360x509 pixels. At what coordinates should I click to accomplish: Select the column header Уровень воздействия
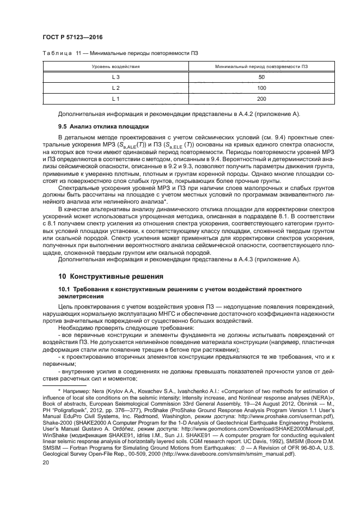tap(115, 66)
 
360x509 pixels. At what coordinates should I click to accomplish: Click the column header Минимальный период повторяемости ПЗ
tap(261, 66)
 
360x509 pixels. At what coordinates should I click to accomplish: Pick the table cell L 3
tap(115, 77)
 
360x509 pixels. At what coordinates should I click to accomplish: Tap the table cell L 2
tap(115, 88)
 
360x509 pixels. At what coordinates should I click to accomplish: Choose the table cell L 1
tap(115, 99)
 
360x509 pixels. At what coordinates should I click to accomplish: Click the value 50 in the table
tap(261, 77)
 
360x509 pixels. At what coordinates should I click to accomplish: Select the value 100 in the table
tap(261, 88)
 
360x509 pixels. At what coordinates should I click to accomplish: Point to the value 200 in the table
tap(261, 99)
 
